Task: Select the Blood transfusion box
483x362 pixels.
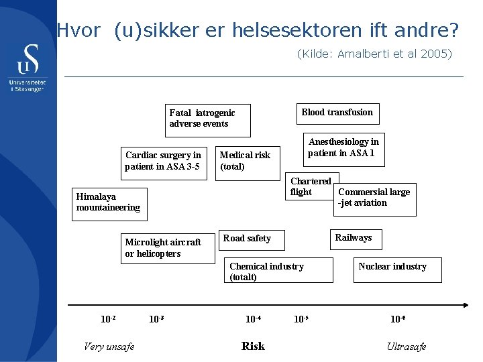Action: [337, 113]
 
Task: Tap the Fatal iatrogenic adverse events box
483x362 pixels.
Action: [208, 120]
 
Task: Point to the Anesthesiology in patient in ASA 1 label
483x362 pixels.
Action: [343, 147]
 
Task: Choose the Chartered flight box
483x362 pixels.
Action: [311, 186]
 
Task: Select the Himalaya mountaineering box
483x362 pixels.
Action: [108, 202]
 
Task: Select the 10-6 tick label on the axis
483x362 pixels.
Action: [398, 319]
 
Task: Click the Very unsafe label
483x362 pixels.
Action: [109, 347]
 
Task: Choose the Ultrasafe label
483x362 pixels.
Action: [406, 347]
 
